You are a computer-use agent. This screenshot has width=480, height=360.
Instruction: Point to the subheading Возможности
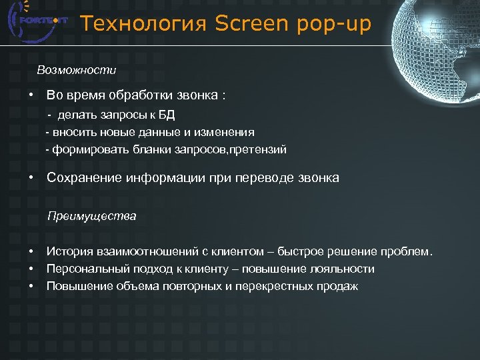[77, 69]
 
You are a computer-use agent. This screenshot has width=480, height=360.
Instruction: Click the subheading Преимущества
[91, 216]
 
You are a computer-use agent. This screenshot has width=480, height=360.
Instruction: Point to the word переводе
[273, 178]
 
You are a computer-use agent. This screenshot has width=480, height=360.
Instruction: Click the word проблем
[406, 252]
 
